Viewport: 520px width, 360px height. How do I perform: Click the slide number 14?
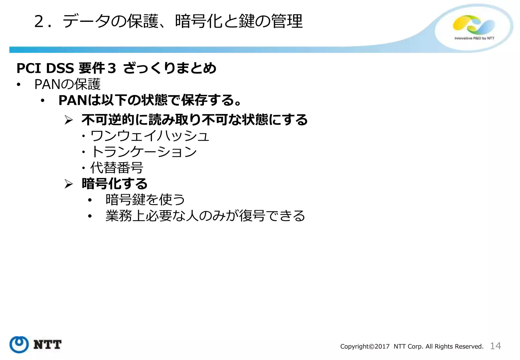[495, 346]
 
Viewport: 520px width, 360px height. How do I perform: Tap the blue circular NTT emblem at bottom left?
[19, 345]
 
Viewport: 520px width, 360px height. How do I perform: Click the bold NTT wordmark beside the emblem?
[47, 345]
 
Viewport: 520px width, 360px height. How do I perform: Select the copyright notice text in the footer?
[412, 347]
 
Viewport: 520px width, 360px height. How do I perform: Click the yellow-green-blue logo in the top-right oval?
[474, 25]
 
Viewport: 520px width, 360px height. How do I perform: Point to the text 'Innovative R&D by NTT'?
[474, 38]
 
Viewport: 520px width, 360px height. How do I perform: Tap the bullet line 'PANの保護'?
[67, 84]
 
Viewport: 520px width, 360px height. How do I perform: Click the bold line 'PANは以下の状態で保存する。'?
[150, 100]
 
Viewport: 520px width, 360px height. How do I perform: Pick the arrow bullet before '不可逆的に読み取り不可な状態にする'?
[69, 120]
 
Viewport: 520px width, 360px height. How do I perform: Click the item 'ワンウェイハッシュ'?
[150, 136]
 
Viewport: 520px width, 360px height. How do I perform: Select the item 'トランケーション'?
[144, 152]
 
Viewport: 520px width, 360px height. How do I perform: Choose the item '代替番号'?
[117, 168]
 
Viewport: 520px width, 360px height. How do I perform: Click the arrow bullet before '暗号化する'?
[69, 184]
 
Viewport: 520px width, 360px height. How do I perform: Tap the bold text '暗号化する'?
[115, 184]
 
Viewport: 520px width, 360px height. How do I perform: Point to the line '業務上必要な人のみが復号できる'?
[205, 216]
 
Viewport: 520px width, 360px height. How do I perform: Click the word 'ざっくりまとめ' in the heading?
[170, 68]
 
